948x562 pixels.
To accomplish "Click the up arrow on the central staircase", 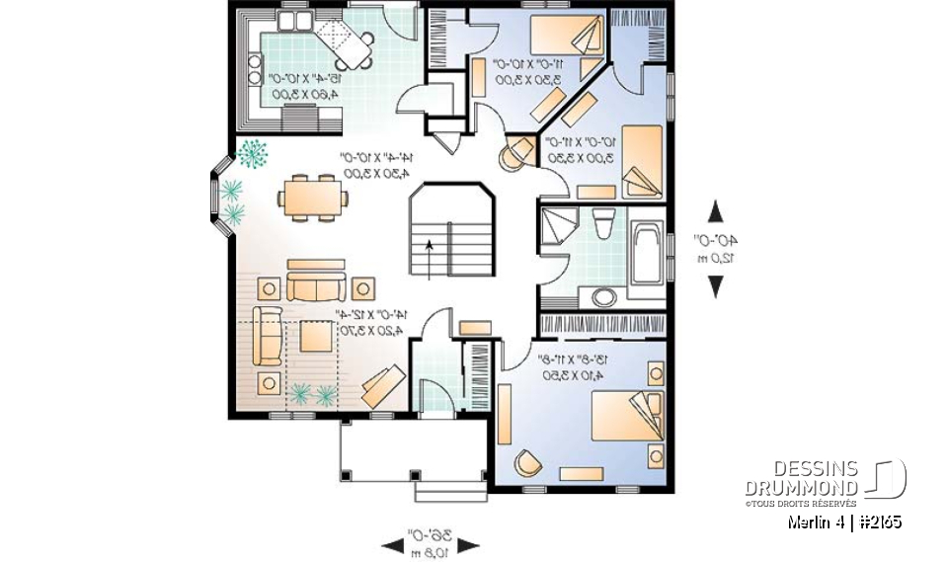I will [429, 250].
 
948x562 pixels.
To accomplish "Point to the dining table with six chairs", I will [313, 195].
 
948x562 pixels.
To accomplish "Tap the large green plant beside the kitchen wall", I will [254, 154].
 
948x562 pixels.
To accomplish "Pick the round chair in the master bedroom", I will [526, 463].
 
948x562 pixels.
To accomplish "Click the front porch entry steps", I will [450, 489].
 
